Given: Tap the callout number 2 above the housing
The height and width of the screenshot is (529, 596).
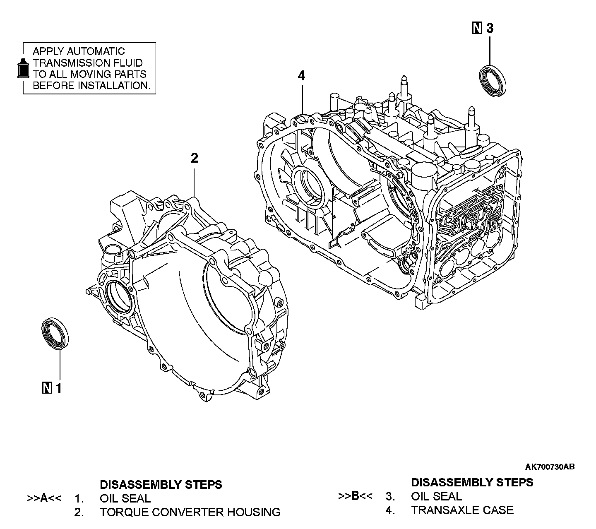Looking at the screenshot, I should (x=194, y=158).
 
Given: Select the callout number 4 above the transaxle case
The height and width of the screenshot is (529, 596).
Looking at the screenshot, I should (x=301, y=76).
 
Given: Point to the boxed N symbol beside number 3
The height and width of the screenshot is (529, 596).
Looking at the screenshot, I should (x=477, y=29).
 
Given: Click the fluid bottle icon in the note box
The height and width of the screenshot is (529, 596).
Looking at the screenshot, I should (x=23, y=68).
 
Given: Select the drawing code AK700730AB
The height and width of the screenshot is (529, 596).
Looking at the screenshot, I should (x=550, y=467).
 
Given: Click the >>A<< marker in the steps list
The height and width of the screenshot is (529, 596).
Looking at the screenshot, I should (x=44, y=498).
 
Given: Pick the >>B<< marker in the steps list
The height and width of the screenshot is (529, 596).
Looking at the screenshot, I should (x=355, y=496).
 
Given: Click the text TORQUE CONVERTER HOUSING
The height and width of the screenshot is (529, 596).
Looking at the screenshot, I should (x=190, y=512).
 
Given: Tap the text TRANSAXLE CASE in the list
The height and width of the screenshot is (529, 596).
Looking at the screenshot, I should (x=462, y=510).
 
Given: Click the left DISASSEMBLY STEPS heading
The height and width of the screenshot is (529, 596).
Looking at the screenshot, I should (x=161, y=484).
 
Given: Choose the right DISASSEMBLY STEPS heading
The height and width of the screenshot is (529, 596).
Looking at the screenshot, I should (x=472, y=482).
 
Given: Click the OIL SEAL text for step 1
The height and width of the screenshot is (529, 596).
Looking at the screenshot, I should (x=125, y=498).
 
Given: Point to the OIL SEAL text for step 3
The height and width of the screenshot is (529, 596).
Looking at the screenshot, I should (x=436, y=496).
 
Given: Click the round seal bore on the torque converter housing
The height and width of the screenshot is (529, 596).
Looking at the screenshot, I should (x=118, y=295).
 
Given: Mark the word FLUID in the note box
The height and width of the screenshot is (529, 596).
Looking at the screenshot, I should (x=126, y=63).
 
